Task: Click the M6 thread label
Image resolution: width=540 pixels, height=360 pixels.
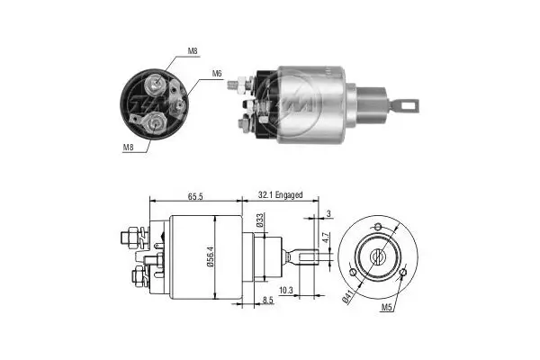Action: click(218, 73)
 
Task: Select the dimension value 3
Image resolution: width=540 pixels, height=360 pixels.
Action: click(329, 213)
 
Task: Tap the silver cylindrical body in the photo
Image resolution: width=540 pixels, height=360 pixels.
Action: click(310, 103)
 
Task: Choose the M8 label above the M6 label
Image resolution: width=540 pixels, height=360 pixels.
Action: click(193, 51)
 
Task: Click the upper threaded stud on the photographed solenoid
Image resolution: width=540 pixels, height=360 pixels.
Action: click(238, 86)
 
